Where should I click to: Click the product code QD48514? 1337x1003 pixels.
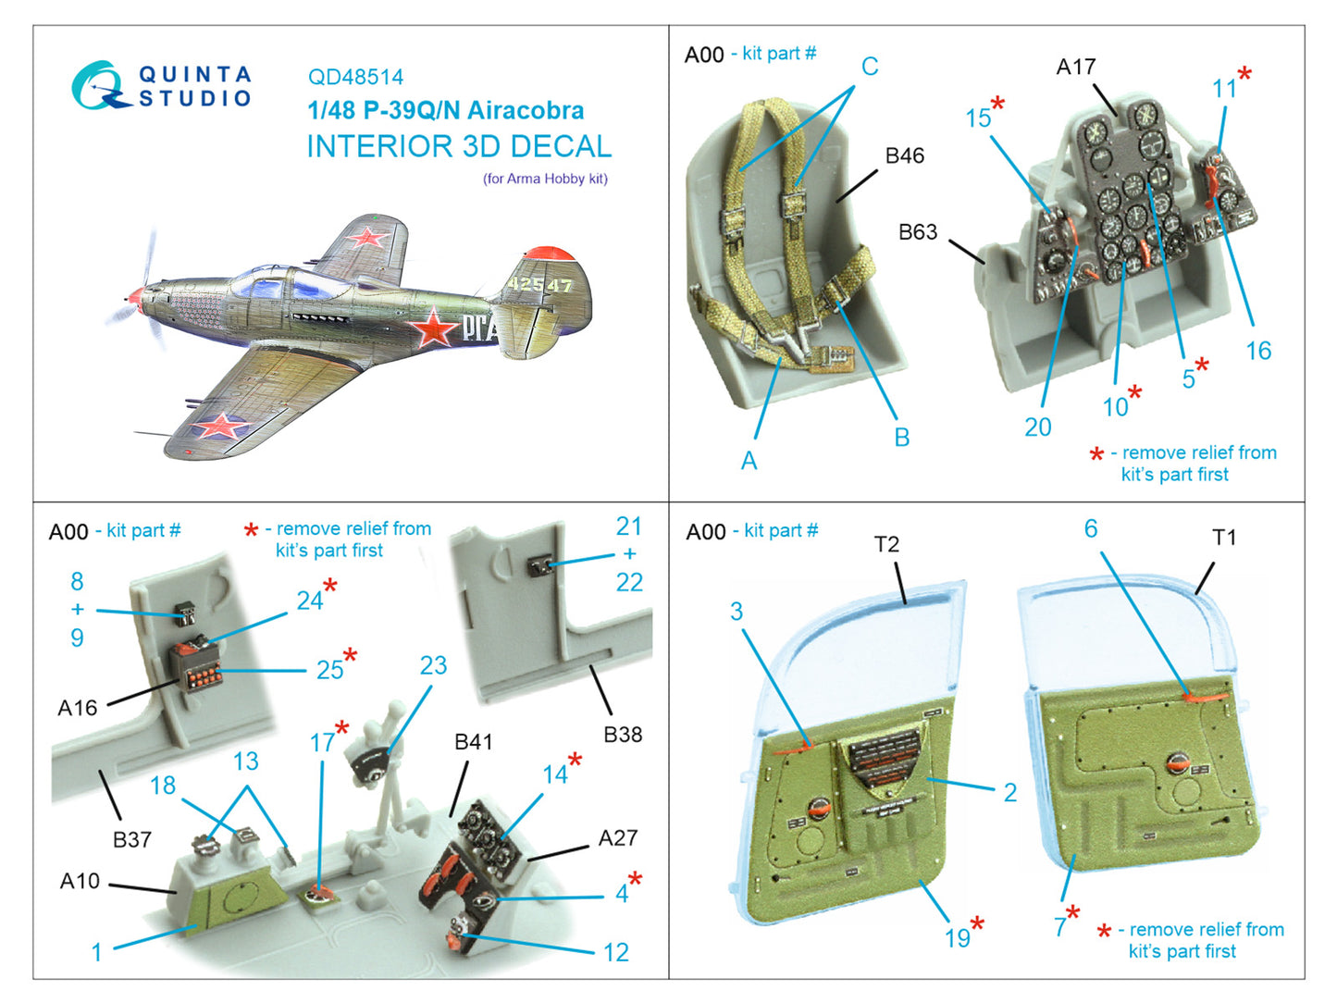coord(355,78)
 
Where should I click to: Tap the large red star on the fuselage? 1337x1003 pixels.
coord(434,328)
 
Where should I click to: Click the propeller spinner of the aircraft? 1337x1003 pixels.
coord(136,296)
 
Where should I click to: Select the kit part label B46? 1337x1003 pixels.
coord(904,155)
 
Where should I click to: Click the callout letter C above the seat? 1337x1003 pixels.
coord(869,67)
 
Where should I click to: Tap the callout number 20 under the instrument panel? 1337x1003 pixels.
coord(1037,427)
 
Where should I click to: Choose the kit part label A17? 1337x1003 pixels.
coord(1075,67)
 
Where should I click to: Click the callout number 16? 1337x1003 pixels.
coord(1257,351)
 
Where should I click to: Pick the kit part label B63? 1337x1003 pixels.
coord(917,231)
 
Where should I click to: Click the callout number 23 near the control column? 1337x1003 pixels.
coord(433,665)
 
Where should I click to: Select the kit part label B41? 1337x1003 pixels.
coord(473,742)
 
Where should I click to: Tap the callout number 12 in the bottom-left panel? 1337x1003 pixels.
coord(615,952)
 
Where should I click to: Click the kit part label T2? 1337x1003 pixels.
coord(885,544)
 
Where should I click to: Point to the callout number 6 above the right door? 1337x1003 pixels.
coord(1090,528)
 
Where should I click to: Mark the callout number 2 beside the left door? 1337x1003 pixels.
coord(1009,792)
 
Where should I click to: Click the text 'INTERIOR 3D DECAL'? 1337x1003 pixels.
coord(458,146)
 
